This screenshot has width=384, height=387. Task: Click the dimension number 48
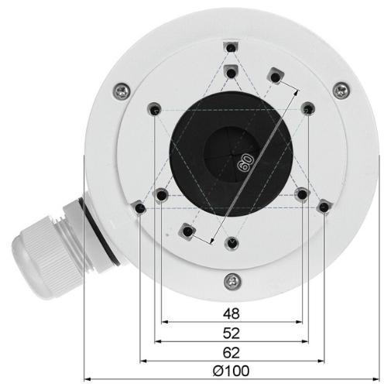(231, 313)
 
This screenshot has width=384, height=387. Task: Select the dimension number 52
(231, 333)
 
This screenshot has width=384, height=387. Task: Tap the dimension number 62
(231, 353)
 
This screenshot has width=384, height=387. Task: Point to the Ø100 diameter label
(231, 371)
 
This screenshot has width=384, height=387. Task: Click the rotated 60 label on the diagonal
(245, 163)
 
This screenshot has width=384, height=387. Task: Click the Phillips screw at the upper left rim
(122, 91)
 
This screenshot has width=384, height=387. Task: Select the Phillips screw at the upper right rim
(341, 91)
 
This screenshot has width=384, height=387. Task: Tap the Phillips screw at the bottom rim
(232, 282)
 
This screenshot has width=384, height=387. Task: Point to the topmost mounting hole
(231, 47)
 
